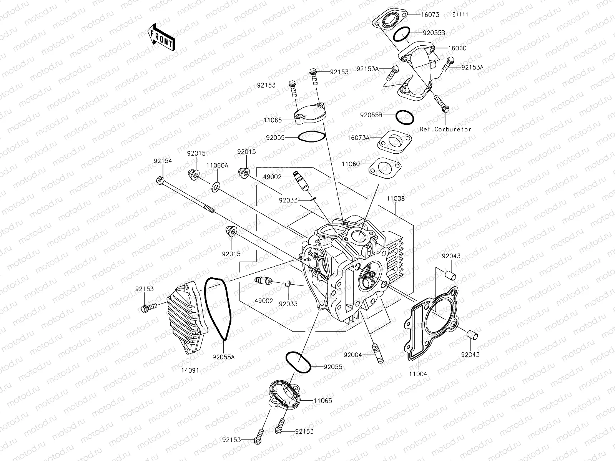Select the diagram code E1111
[460, 15]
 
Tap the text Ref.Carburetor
[445, 129]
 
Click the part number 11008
[396, 199]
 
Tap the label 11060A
[217, 165]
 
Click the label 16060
[457, 48]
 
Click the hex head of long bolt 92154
[160, 179]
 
